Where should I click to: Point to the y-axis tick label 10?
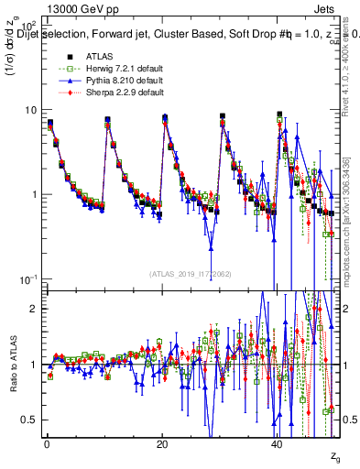[31, 110]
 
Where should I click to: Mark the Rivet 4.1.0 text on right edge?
[354, 55]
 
